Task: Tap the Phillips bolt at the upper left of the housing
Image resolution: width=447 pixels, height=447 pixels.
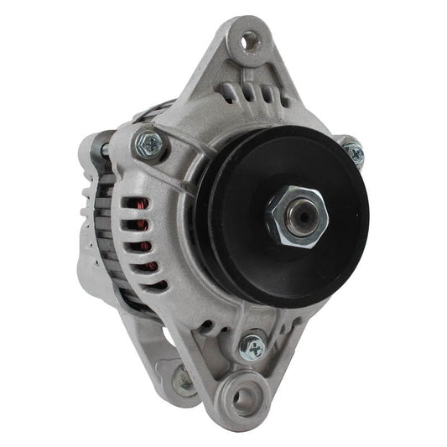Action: (x=150, y=143)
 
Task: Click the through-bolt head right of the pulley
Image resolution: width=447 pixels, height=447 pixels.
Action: (x=354, y=153)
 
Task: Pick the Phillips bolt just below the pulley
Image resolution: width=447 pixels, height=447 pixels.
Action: (x=252, y=344)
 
